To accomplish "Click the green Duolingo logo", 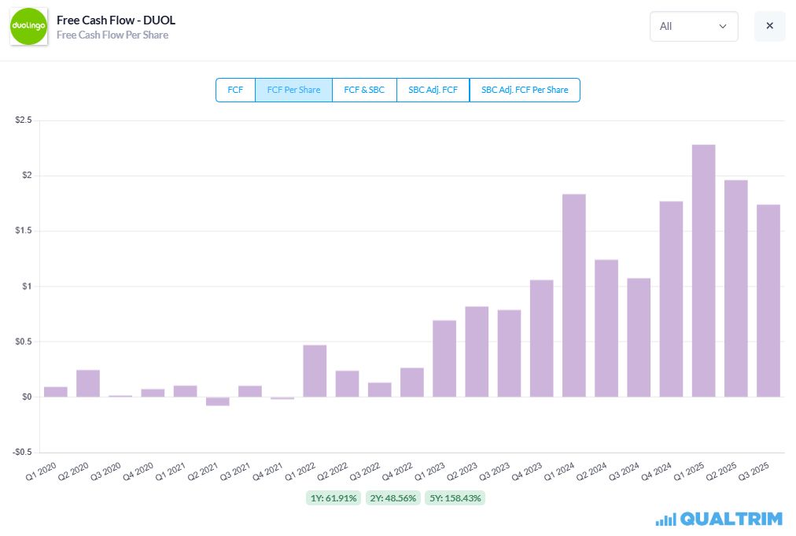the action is (x=28, y=27).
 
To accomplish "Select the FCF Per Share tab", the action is (x=293, y=90).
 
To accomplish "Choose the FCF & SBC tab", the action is (x=364, y=90).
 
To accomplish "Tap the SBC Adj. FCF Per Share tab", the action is (x=525, y=90).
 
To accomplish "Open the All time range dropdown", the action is (x=694, y=27).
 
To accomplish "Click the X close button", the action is (x=769, y=26).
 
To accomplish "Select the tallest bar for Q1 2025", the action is (x=704, y=271).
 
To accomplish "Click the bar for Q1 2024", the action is (x=573, y=296).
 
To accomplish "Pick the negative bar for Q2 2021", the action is (x=217, y=401).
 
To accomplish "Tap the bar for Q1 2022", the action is (x=315, y=371).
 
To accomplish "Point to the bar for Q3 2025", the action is (x=768, y=301).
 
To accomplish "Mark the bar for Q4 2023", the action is (x=542, y=338).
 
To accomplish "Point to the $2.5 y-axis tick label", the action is (x=24, y=120).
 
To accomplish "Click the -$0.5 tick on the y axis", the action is (x=22, y=452).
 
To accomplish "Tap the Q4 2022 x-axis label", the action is (x=397, y=471).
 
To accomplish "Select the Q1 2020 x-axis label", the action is (x=41, y=471).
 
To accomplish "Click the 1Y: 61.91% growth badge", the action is (x=334, y=498).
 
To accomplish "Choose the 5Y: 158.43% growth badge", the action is (x=455, y=498).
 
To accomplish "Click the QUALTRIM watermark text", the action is (x=731, y=519).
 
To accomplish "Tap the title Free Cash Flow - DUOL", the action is (x=116, y=20).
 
